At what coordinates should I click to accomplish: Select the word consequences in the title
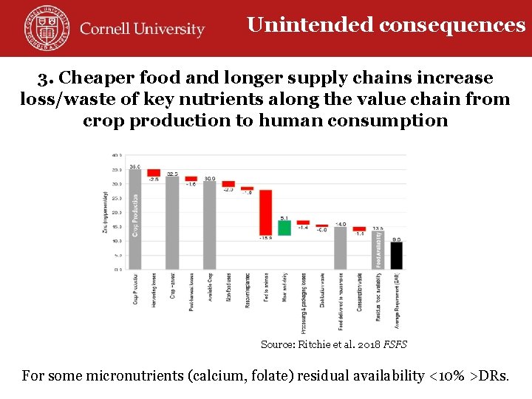(452, 25)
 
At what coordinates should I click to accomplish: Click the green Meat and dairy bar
(284, 228)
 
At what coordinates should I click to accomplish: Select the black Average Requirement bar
(397, 255)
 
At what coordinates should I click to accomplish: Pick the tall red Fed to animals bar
(265, 214)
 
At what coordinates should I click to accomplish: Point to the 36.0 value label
(134, 167)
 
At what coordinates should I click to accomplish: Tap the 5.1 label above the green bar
(284, 217)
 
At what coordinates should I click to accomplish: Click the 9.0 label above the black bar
(397, 239)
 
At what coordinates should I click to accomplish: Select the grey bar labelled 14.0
(340, 248)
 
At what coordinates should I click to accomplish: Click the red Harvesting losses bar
(153, 173)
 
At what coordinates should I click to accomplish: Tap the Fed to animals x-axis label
(267, 289)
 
